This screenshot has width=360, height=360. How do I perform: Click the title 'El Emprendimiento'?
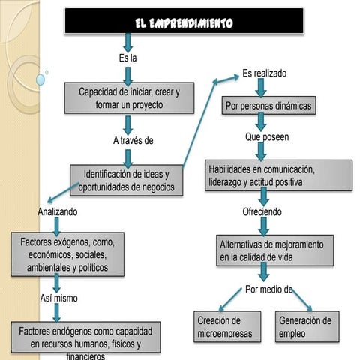point(184,22)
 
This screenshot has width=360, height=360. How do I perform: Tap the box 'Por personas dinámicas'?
point(268,107)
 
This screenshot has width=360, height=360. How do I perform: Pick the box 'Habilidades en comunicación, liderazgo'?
point(277,175)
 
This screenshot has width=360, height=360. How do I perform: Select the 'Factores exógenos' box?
point(67,255)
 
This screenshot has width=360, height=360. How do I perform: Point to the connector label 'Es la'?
point(128,58)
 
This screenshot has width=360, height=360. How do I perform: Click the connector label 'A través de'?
point(133,140)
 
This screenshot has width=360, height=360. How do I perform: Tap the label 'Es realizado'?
point(264,73)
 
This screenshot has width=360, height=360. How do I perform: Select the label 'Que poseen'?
point(266,138)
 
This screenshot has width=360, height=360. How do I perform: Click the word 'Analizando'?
point(57,212)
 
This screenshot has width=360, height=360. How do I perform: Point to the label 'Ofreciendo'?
point(262,212)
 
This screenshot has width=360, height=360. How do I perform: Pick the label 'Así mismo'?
point(58,298)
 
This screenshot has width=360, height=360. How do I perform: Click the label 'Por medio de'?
point(268,289)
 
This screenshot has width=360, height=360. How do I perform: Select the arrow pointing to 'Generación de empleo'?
point(300,299)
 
